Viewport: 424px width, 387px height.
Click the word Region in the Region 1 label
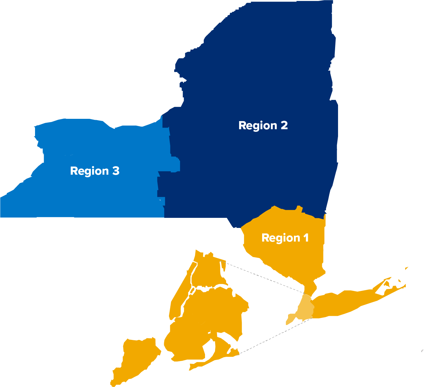coord(276,238)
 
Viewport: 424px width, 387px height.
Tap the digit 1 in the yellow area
coord(306,238)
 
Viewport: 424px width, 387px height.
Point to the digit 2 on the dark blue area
coord(284,125)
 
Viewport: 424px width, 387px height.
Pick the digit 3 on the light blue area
coord(116,171)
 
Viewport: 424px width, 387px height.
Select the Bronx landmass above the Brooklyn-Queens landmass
coord(208,269)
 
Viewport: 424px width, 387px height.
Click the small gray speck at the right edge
coord(422,351)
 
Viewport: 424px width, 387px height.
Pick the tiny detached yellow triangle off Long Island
coord(406,268)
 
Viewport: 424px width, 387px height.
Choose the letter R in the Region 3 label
coord(73,171)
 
